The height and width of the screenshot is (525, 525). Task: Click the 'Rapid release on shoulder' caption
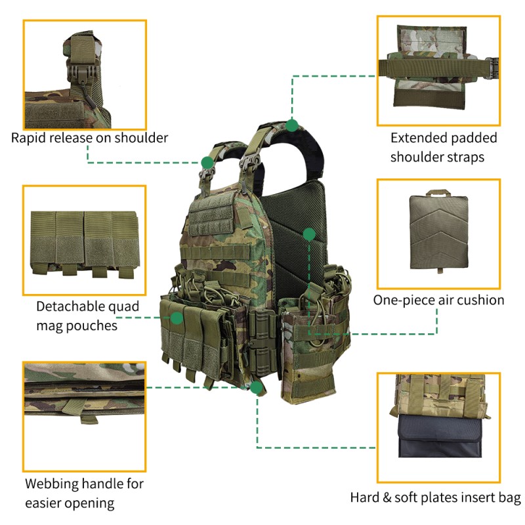[89, 138]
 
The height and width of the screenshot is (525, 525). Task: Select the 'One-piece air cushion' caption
[438, 300]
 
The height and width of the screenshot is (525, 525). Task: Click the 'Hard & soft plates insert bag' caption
[435, 497]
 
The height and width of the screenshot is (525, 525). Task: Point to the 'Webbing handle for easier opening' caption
[83, 493]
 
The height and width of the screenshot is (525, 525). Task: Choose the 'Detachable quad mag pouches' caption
[80, 316]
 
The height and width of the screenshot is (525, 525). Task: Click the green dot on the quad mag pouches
[176, 318]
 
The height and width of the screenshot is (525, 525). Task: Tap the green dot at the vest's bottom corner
[257, 387]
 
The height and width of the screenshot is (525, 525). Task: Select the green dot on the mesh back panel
[308, 233]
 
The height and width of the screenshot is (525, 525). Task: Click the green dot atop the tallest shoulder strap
[293, 123]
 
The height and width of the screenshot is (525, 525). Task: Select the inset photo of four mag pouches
[84, 240]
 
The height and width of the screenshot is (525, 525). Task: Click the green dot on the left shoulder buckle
[207, 161]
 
